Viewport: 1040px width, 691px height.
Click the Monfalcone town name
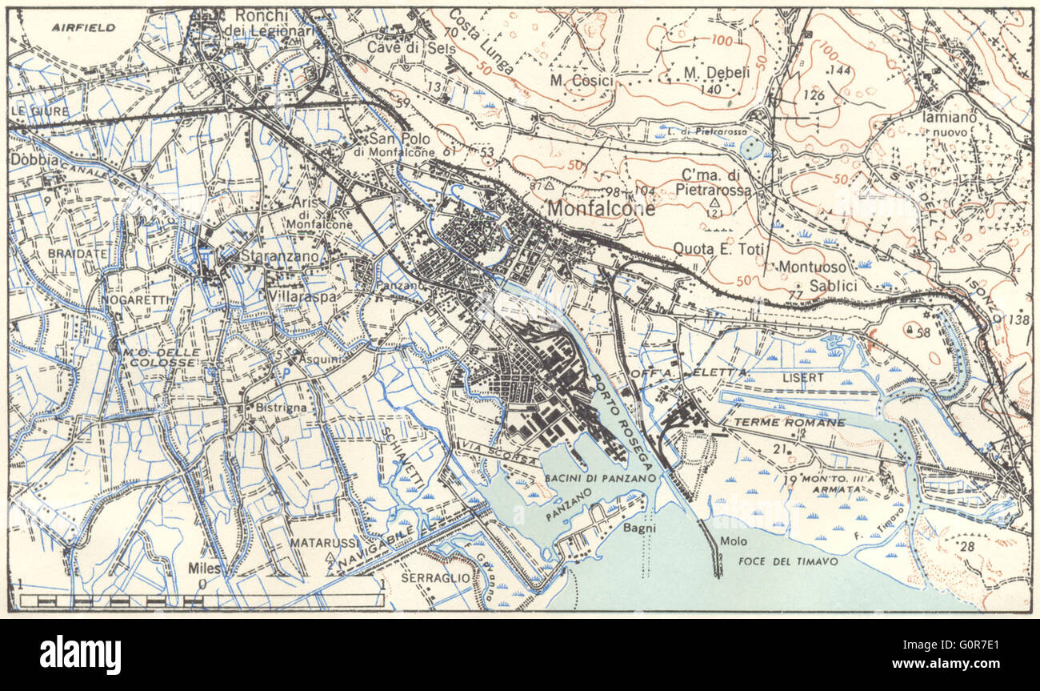point(601,209)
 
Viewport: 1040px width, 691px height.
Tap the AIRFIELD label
point(83,27)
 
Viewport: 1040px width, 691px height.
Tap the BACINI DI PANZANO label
point(600,477)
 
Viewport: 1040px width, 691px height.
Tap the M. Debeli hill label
point(716,73)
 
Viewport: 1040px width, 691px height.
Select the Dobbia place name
point(34,159)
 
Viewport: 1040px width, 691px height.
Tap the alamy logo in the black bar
point(80,655)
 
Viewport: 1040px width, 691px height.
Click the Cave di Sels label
point(410,48)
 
